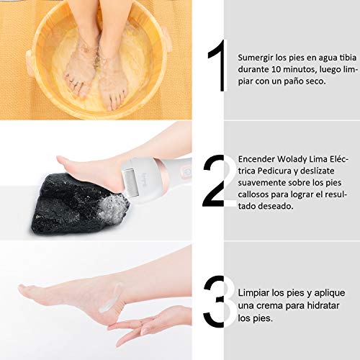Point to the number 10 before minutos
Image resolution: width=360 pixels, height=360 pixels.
tap(276, 69)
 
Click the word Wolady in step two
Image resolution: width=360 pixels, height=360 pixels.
tap(292, 160)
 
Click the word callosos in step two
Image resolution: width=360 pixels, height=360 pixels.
tap(253, 194)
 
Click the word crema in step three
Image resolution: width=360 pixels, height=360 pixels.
tap(269, 306)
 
